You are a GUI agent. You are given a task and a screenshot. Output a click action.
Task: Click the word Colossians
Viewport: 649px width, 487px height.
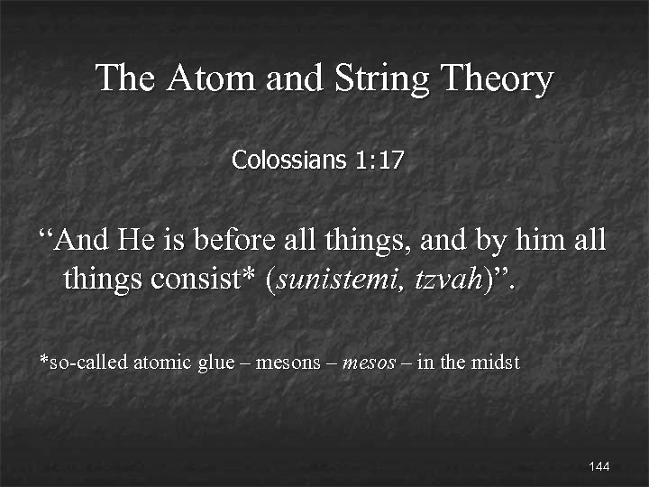288,161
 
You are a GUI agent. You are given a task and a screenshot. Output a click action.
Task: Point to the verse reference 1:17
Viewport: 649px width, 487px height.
379,161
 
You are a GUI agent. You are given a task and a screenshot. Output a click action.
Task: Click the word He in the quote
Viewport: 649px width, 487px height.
137,241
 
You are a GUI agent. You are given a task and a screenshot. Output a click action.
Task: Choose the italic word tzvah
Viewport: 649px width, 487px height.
448,280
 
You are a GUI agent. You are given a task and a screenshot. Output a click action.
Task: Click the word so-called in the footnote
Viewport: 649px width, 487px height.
86,363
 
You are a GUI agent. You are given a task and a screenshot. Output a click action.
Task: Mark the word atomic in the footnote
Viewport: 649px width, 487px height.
162,363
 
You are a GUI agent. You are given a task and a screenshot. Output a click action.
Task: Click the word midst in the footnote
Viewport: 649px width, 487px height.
498,363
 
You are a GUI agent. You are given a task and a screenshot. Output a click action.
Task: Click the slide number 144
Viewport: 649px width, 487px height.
599,466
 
